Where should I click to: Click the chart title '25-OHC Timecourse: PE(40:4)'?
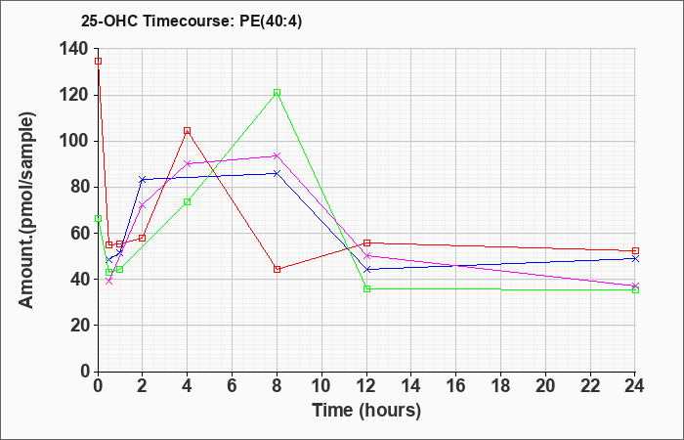pyautogui.click(x=192, y=22)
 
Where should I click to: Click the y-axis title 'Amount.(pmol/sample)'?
pyautogui.click(x=26, y=210)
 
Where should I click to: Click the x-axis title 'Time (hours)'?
pyautogui.click(x=366, y=411)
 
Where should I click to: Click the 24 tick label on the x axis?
pyautogui.click(x=635, y=386)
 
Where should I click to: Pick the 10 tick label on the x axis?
pyautogui.click(x=321, y=386)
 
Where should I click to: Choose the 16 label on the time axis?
pyautogui.click(x=456, y=386)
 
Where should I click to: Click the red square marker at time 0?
pyautogui.click(x=98, y=61)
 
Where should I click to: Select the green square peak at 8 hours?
pyautogui.click(x=277, y=93)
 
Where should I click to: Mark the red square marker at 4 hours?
pyautogui.click(x=188, y=130)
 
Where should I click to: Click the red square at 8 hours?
pyautogui.click(x=277, y=269)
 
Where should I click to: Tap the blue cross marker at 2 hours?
pyautogui.click(x=143, y=179)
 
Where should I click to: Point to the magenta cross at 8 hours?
pyautogui.click(x=277, y=155)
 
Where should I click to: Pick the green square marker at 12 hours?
pyautogui.click(x=366, y=289)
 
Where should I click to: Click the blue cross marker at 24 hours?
pyautogui.click(x=635, y=259)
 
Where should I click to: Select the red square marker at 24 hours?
pyautogui.click(x=635, y=251)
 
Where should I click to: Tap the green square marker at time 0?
pyautogui.click(x=98, y=218)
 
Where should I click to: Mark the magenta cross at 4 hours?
pyautogui.click(x=188, y=163)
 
